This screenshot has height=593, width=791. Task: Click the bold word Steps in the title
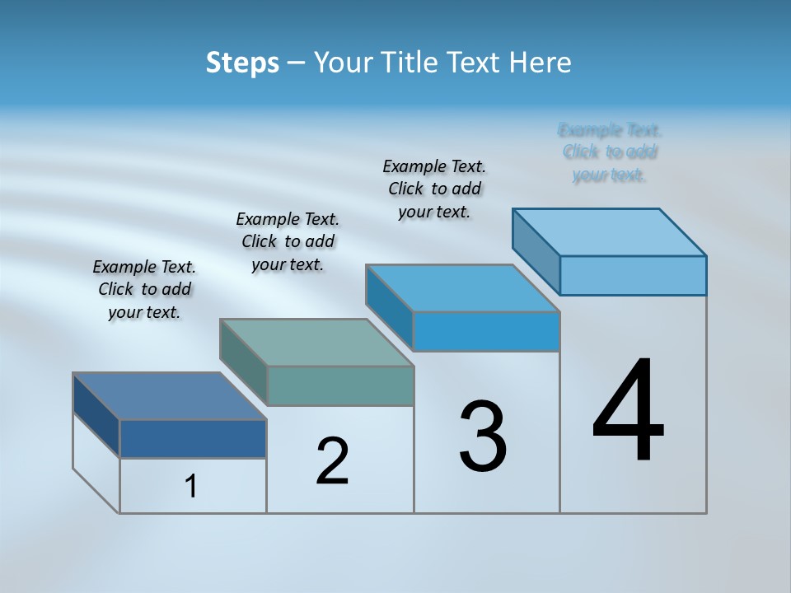point(242,63)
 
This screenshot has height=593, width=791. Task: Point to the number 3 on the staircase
point(483,437)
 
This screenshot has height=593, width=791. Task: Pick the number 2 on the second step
point(333,461)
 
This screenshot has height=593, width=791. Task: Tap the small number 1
point(191,487)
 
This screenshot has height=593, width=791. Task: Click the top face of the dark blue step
point(169,396)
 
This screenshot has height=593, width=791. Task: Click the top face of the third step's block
point(462,288)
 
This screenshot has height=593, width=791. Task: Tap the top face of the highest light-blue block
point(609,232)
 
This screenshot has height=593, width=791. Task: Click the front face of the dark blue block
point(193,438)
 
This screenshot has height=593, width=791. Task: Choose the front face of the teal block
point(340,385)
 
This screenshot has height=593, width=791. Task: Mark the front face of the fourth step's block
point(633,275)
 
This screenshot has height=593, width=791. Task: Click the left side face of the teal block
point(244,362)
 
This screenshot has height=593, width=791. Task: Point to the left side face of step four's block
point(536,251)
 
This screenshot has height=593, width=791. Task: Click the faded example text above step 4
point(610,152)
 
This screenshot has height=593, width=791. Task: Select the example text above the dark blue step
point(144,289)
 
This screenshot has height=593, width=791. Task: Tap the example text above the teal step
point(288,241)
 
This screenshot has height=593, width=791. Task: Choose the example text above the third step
point(434,189)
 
